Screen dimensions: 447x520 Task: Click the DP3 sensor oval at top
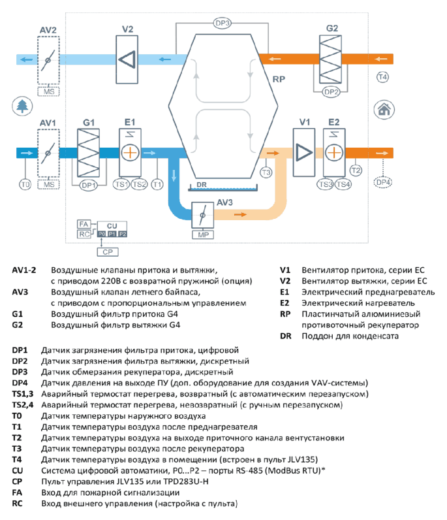222,24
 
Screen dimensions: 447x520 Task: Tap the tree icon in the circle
23,106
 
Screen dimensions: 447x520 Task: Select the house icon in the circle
384,109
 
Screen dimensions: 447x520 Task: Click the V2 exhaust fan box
127,59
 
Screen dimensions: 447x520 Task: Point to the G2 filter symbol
330,59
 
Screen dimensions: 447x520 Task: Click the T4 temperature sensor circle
382,77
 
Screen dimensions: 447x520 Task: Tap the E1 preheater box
130,153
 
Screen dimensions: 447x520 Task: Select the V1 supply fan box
304,153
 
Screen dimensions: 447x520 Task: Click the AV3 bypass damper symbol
202,215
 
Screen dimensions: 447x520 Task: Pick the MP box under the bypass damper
203,235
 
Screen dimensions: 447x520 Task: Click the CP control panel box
108,252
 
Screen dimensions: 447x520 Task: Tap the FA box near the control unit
84,224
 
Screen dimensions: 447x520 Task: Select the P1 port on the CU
112,234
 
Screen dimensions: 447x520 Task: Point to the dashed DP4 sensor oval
382,182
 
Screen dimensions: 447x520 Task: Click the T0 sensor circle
25,184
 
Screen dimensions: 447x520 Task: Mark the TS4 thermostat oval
343,184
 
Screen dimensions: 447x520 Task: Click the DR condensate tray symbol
223,188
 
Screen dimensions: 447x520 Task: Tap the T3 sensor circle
266,172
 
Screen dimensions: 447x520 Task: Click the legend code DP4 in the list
20,383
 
